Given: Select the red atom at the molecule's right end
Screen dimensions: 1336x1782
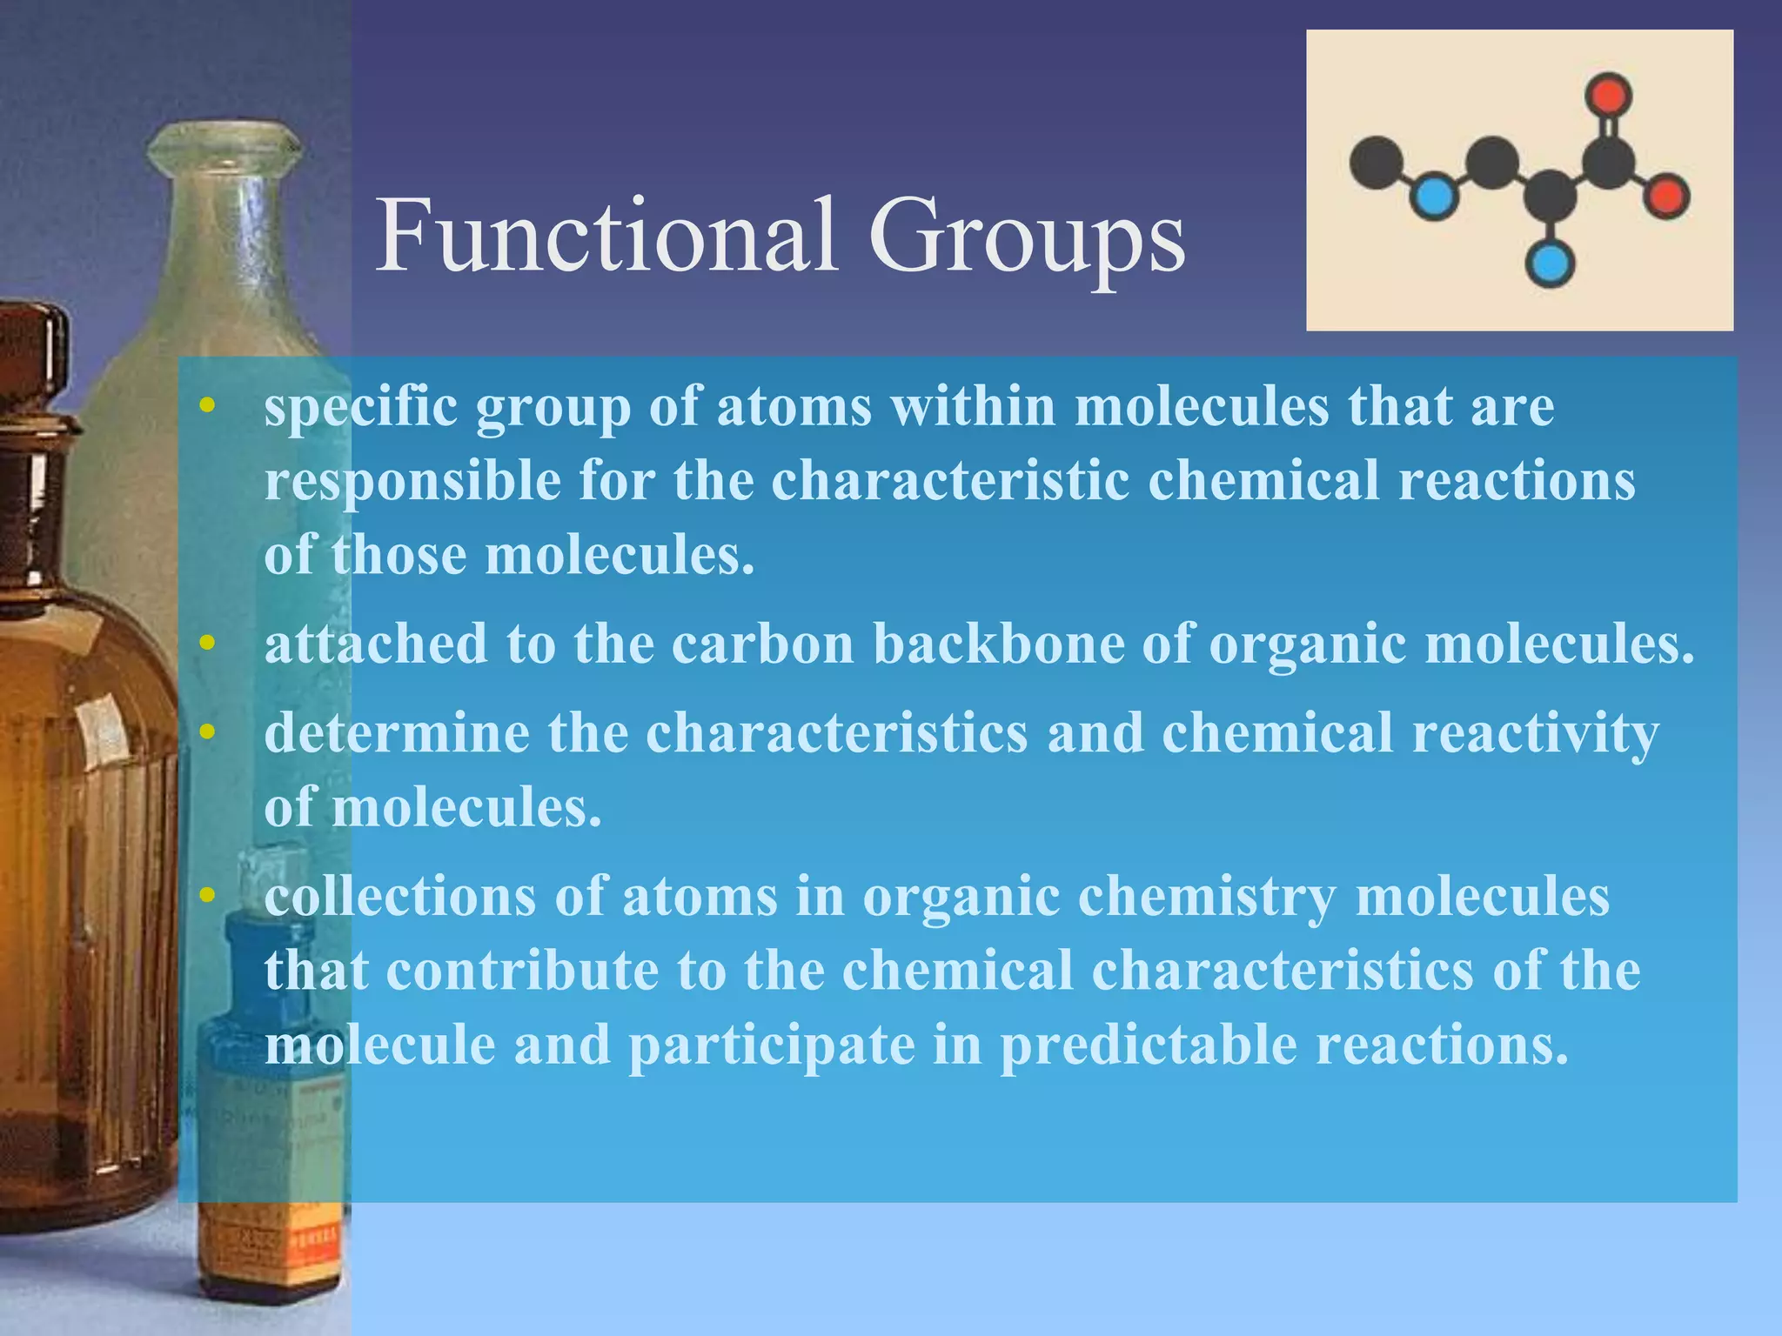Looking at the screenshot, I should coord(1666,196).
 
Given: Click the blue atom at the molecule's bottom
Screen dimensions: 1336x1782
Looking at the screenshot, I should coord(1549,264).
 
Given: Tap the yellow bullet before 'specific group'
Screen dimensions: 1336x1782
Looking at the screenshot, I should coord(206,406).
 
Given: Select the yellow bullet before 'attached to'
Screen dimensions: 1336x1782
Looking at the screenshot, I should coord(206,644).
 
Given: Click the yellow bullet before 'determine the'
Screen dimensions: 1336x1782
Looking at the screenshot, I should coord(206,732).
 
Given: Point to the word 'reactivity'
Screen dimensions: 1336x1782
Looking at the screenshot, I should coord(1536,732).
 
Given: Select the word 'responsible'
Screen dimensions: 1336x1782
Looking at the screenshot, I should coord(412,481).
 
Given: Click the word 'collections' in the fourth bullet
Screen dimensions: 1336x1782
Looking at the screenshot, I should coord(400,897).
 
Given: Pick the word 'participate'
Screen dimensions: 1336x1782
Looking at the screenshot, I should coord(771,1045).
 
